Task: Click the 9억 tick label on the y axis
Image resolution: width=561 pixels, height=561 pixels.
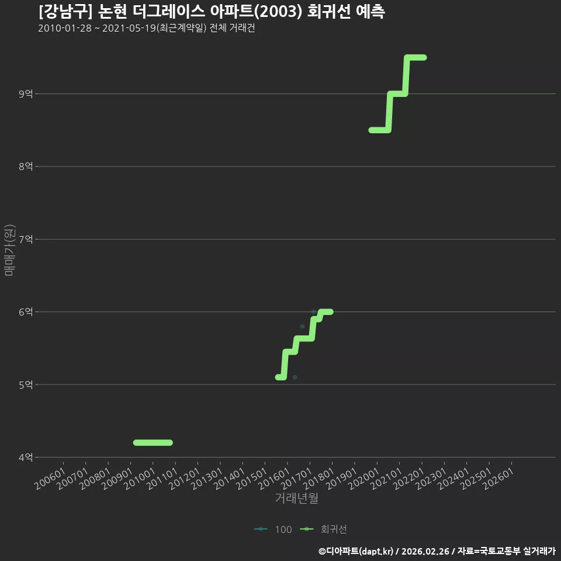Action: point(26,93)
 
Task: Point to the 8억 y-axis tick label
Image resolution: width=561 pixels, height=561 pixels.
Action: point(26,167)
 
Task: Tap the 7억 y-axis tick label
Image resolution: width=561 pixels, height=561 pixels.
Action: point(26,239)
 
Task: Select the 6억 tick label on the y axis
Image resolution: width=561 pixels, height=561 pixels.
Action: point(26,312)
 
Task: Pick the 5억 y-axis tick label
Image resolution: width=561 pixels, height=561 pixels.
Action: point(26,385)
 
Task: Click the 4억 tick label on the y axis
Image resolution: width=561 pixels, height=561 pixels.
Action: point(26,457)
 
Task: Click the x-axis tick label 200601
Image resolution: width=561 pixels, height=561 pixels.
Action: point(50,479)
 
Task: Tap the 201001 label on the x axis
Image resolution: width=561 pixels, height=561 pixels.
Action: point(140,479)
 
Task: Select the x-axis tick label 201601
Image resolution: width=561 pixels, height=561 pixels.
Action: point(274,479)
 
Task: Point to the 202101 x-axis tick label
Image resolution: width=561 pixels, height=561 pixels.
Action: point(386,479)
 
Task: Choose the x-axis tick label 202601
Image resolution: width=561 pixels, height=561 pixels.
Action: point(498,479)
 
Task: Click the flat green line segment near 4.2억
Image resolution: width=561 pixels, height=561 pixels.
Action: point(153,442)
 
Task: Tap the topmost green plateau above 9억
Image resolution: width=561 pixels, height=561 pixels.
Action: point(415,58)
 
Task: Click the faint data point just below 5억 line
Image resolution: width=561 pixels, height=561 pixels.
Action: point(295,377)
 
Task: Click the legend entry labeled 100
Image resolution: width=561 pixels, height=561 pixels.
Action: point(273,529)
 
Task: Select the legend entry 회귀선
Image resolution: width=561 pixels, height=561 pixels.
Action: point(323,529)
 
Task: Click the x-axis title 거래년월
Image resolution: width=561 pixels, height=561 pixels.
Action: point(297,498)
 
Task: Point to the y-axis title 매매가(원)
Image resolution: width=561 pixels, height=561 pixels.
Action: point(10,250)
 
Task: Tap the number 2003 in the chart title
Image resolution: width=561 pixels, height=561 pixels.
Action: point(278,12)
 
